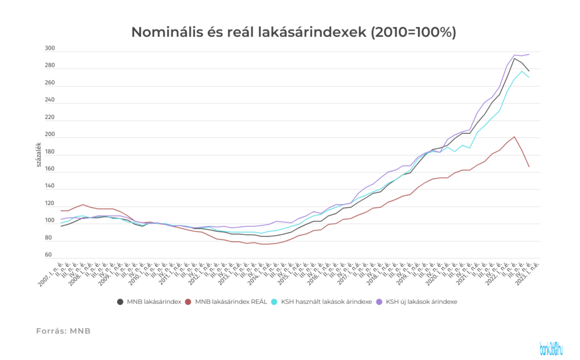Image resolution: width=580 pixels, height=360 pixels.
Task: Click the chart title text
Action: point(293,32)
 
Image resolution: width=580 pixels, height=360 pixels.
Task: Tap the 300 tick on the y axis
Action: point(50,49)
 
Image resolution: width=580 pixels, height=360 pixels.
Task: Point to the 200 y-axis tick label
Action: point(50,135)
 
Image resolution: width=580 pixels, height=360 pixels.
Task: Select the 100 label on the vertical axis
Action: point(50,220)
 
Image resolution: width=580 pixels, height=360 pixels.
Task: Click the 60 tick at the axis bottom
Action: point(48,255)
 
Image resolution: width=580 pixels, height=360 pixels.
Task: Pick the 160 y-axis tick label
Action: point(50,169)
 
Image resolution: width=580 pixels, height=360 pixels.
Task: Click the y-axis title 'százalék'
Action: point(39,154)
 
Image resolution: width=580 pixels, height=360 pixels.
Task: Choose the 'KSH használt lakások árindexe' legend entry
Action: point(326,302)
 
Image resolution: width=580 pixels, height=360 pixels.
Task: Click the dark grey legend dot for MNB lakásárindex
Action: point(120,302)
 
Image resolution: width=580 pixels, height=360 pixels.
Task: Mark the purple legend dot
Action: point(379,302)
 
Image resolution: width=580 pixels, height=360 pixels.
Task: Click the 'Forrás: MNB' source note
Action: point(63,331)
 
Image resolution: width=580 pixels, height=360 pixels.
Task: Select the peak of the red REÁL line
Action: point(514,136)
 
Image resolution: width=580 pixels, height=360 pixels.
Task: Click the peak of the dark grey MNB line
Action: point(514,58)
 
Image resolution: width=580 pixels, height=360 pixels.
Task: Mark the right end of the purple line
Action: point(529,54)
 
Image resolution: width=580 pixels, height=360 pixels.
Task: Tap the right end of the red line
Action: point(529,166)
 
